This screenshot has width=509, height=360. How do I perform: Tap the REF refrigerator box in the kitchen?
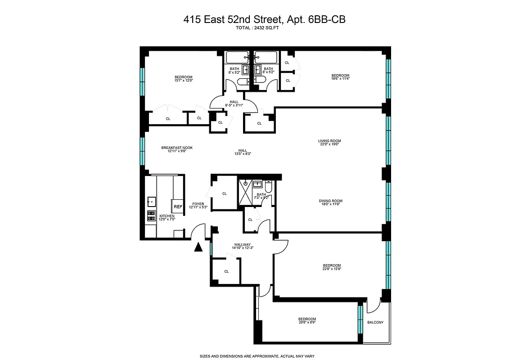tap(178, 207)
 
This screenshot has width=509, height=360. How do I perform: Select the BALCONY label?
tap(375, 322)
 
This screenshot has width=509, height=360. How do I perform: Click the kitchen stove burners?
tap(151, 216)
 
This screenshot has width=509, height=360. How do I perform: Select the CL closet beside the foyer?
tap(224, 193)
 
